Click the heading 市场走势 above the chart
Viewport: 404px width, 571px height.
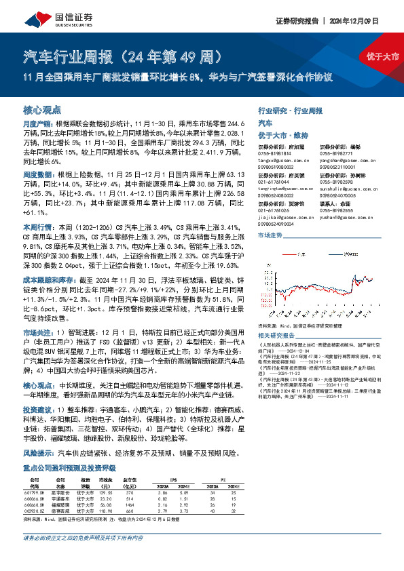coord(270,235)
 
